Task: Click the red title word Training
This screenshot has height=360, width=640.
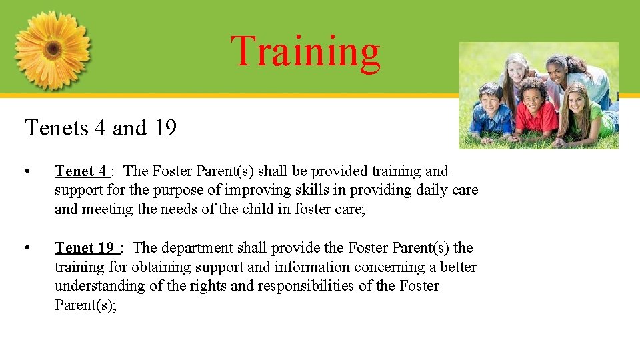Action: pos(305,51)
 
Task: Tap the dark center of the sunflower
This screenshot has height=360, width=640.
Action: pos(53,50)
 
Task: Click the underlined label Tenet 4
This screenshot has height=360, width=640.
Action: pos(81,171)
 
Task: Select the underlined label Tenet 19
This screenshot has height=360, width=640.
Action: pos(85,248)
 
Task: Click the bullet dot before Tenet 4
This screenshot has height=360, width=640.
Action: pos(27,171)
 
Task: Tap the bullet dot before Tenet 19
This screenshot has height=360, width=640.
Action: pos(27,248)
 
